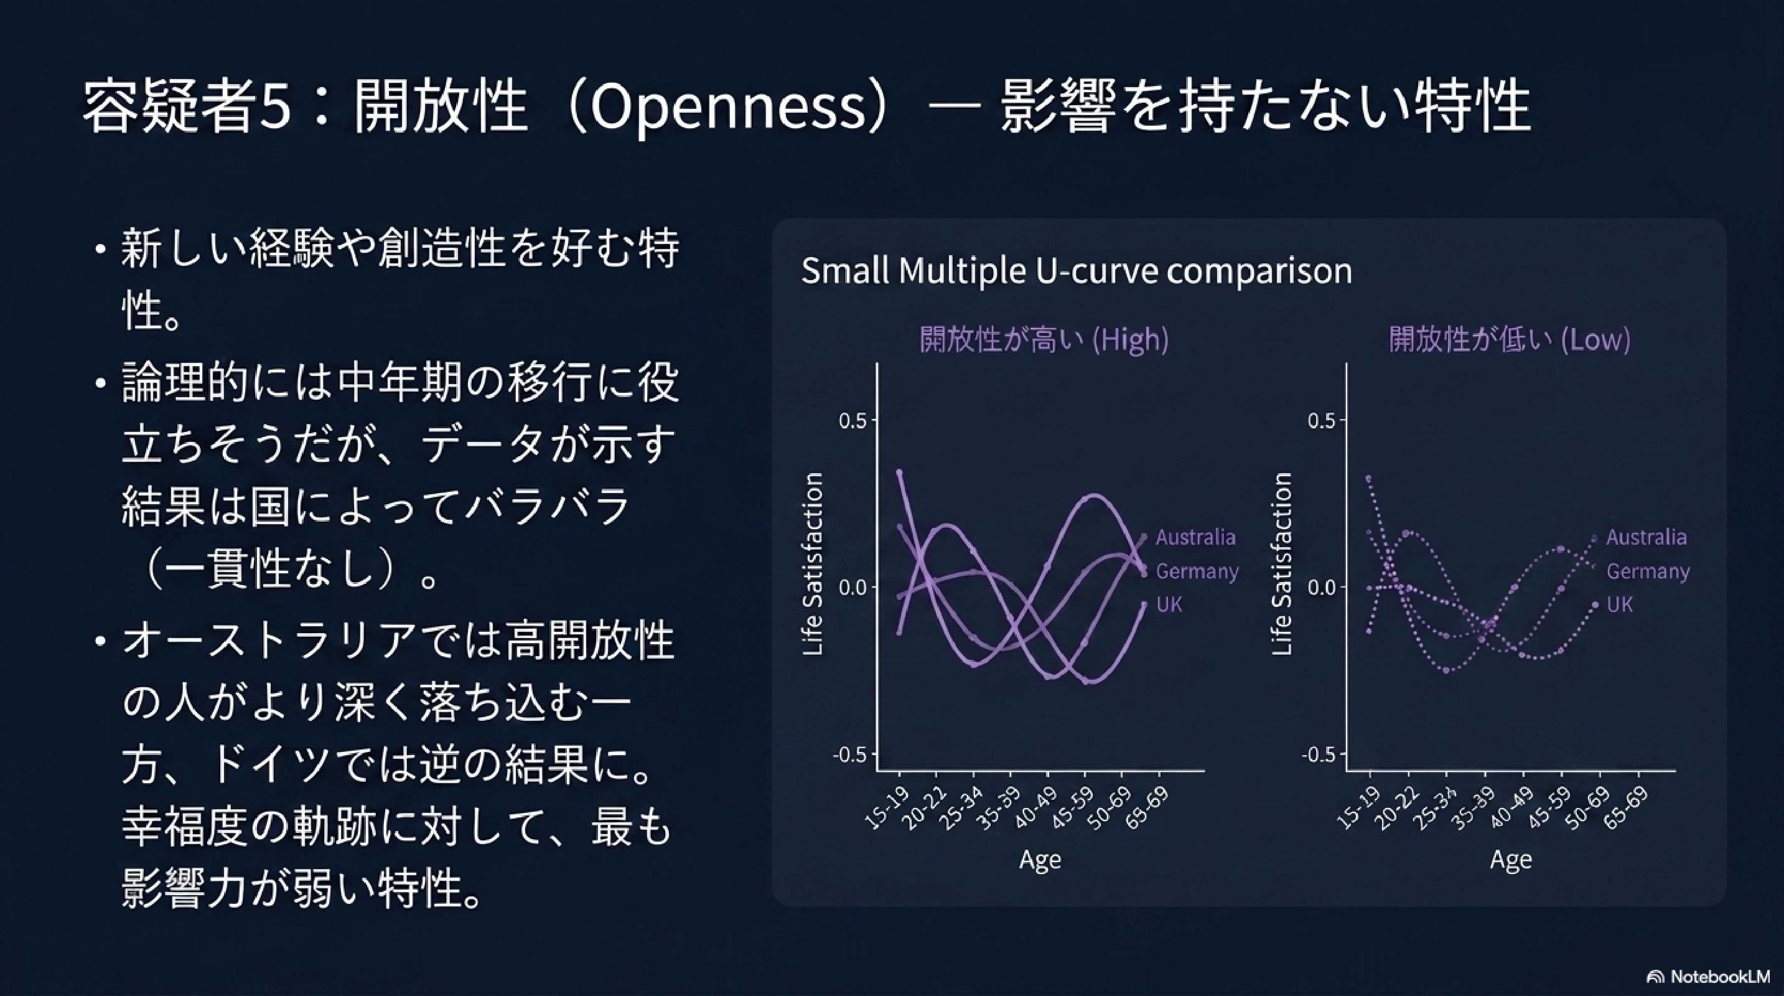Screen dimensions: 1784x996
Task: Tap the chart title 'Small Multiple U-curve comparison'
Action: point(1077,271)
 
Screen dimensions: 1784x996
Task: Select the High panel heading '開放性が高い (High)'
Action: point(1044,339)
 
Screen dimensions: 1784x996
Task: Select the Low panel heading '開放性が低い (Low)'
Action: point(1510,339)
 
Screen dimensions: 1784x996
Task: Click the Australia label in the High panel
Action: point(1195,537)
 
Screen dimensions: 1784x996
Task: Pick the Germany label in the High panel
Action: point(1197,571)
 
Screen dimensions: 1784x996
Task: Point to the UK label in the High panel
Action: point(1169,604)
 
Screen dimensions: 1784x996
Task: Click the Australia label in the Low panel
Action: point(1646,537)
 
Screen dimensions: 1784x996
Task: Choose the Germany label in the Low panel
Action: point(1648,571)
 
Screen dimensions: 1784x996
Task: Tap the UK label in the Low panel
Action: point(1620,604)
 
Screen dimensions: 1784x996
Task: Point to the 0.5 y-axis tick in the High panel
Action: point(852,420)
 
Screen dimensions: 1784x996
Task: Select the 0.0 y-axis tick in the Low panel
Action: point(1322,588)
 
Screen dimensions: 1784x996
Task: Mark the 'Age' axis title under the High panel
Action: point(1040,860)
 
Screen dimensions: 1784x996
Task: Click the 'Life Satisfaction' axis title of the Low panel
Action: point(1282,564)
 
